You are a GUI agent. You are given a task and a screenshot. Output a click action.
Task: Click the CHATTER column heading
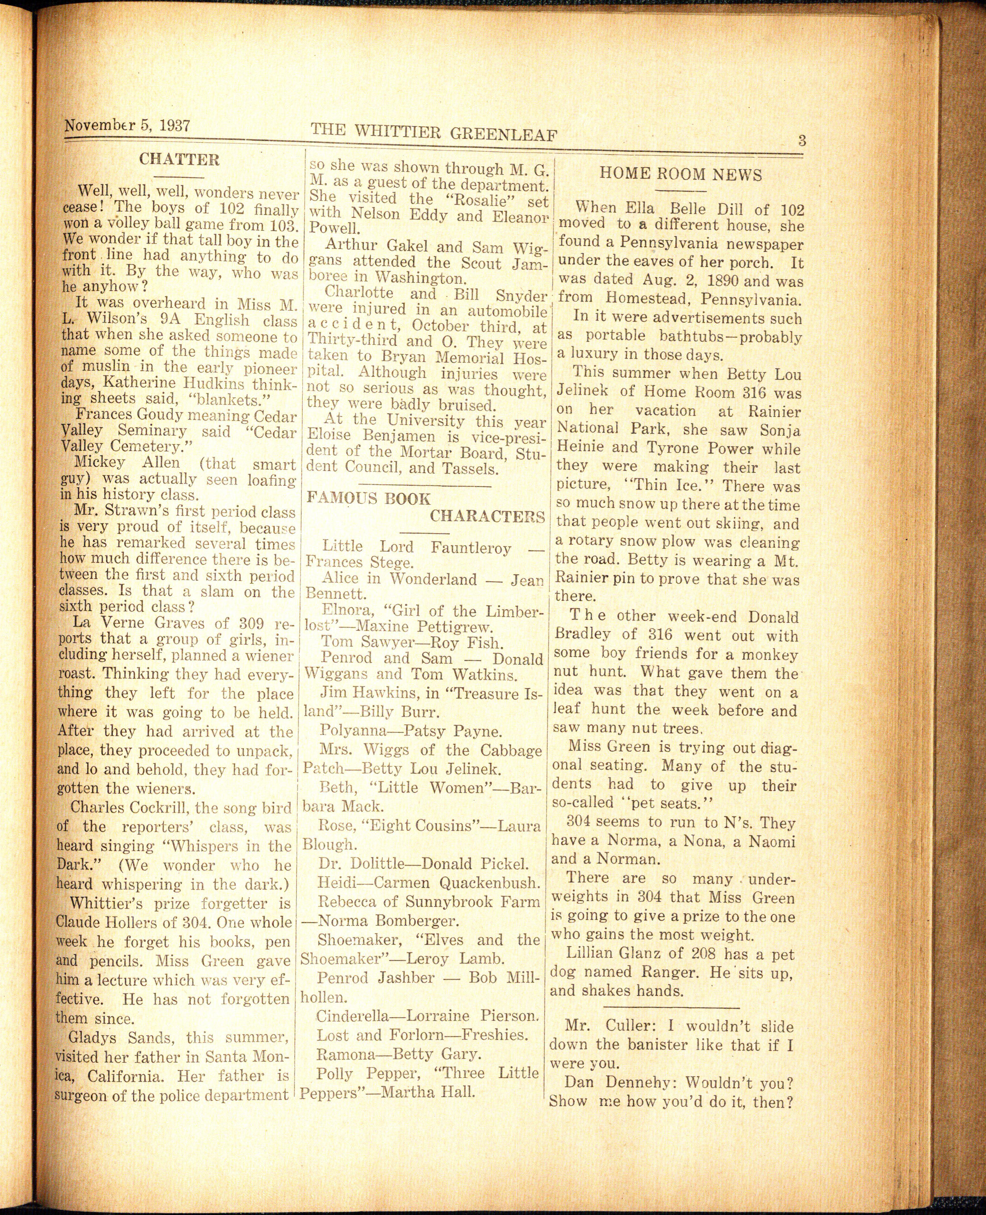179,159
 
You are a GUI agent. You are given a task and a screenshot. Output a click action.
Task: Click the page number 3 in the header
801,140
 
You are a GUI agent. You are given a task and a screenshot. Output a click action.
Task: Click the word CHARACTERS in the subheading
487,516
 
